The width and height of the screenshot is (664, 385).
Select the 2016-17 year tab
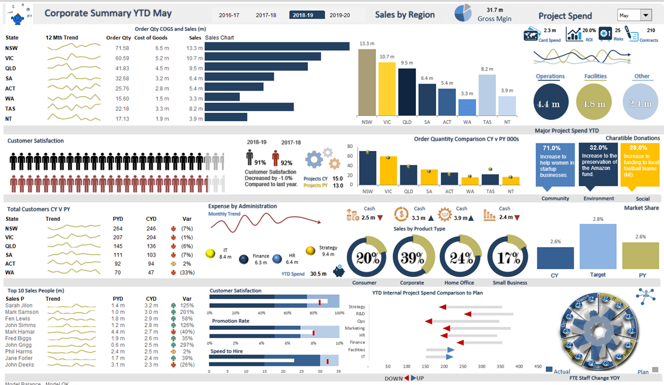tap(230, 15)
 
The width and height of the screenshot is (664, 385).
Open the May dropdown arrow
tap(646, 16)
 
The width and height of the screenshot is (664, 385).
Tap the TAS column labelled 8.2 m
tap(487, 94)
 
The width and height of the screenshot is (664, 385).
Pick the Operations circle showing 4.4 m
tap(550, 103)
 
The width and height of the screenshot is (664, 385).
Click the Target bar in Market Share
tap(598, 247)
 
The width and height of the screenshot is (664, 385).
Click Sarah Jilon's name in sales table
tap(20, 305)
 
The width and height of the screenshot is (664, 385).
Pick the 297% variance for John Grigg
tap(187, 344)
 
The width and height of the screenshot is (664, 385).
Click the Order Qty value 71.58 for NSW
tap(122, 48)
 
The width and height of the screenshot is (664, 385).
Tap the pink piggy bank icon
tap(340, 272)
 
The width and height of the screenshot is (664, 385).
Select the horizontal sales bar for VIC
tap(262, 57)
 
